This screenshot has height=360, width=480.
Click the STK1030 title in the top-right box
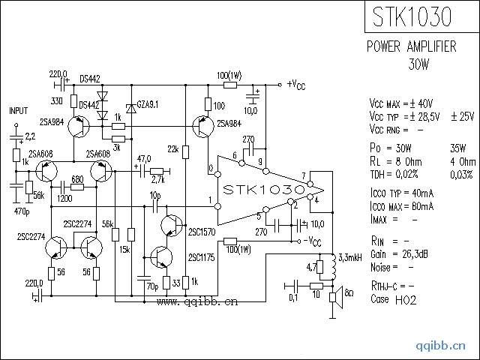412,16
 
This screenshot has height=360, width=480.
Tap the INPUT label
19,110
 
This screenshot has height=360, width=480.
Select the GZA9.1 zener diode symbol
131,108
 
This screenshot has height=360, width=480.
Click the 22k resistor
185,151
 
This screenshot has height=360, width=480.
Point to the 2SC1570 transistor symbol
172,226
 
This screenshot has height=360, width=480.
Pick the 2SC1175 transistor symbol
162,257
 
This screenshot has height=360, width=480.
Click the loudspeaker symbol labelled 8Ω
336,297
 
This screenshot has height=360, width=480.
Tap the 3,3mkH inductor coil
333,267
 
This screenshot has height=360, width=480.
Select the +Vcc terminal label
296,85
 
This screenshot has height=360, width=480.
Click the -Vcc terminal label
312,241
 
